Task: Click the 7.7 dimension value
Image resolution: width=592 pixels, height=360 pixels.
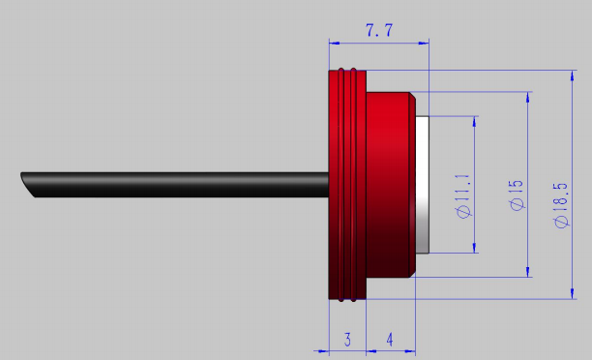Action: tap(379, 30)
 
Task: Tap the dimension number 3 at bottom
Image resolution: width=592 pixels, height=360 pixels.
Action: tap(347, 340)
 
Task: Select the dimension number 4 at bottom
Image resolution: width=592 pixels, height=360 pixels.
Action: tap(390, 340)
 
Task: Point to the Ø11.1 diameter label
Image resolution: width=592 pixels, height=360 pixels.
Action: tap(463, 196)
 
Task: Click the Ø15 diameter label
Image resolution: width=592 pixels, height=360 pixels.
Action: tap(517, 195)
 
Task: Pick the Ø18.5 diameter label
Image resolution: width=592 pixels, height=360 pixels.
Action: tap(561, 205)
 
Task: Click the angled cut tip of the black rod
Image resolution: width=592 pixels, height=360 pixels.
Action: tap(27, 185)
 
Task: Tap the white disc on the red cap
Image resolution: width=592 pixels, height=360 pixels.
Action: tap(422, 185)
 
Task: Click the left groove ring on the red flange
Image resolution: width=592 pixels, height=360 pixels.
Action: tap(341, 185)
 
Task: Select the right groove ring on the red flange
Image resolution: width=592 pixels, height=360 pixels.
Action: tap(353, 185)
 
